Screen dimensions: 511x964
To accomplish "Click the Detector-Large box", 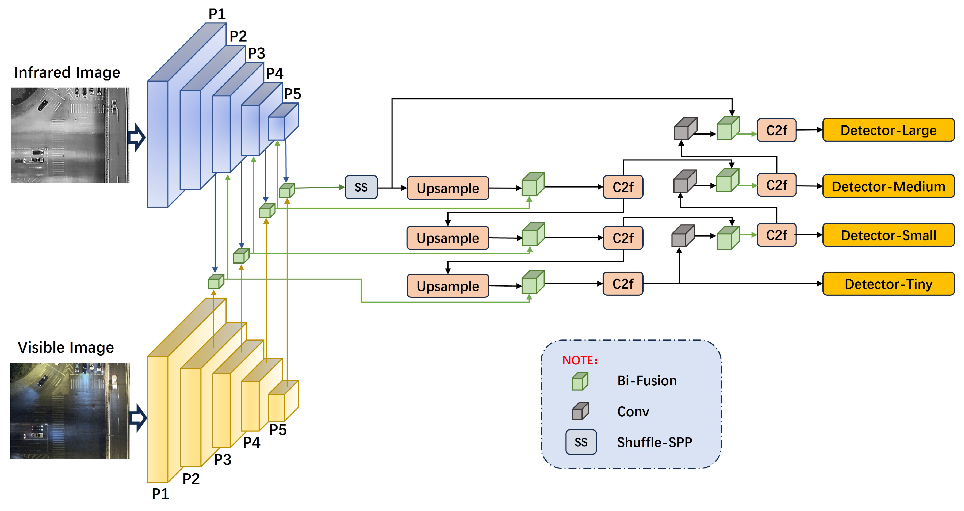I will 888,130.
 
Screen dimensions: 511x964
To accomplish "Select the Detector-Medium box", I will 888,186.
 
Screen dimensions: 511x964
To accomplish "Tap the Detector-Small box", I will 888,235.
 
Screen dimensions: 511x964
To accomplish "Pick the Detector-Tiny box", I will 888,284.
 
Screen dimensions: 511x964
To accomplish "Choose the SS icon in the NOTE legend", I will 581,442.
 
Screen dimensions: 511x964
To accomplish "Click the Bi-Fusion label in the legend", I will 647,381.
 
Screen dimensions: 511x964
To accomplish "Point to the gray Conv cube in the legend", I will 580,411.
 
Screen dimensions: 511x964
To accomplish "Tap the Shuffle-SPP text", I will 654,443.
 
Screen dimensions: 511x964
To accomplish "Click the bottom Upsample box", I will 448,286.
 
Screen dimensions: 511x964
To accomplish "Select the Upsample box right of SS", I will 448,188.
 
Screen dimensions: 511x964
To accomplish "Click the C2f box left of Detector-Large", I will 776,131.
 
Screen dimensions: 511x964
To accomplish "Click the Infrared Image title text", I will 67,72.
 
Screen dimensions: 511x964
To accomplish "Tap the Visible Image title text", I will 66,347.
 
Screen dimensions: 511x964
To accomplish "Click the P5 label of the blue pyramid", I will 292,94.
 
